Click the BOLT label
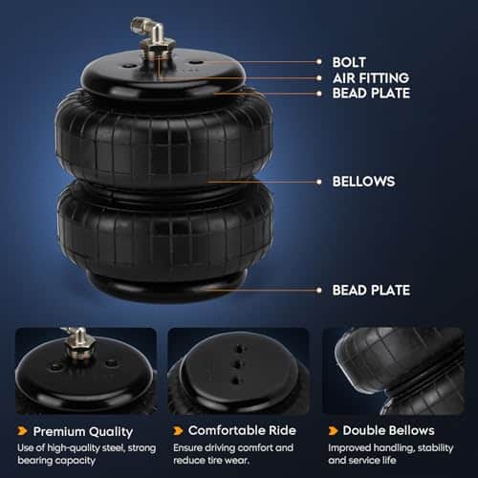(349, 62)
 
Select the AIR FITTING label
(371, 78)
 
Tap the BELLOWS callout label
(363, 182)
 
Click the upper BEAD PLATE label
(371, 94)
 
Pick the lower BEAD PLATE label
(371, 291)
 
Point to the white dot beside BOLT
(319, 62)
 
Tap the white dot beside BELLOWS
(319, 182)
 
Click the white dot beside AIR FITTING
(319, 78)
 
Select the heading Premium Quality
(83, 432)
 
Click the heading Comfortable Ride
(242, 430)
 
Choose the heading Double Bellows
(388, 430)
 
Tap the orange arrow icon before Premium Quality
(22, 431)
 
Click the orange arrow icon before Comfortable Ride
(178, 431)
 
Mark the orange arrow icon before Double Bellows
(333, 431)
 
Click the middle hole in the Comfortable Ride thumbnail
(238, 364)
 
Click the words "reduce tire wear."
(211, 461)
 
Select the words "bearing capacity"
(56, 461)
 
